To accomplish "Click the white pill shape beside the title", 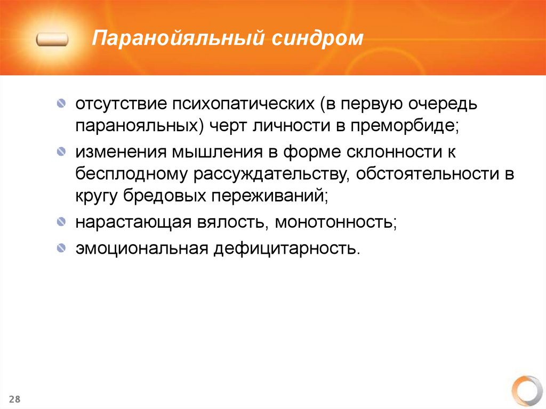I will [x=52, y=39].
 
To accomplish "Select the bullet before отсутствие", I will [x=63, y=102].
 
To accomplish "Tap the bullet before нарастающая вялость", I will [x=63, y=220].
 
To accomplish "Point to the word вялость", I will [x=235, y=221].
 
